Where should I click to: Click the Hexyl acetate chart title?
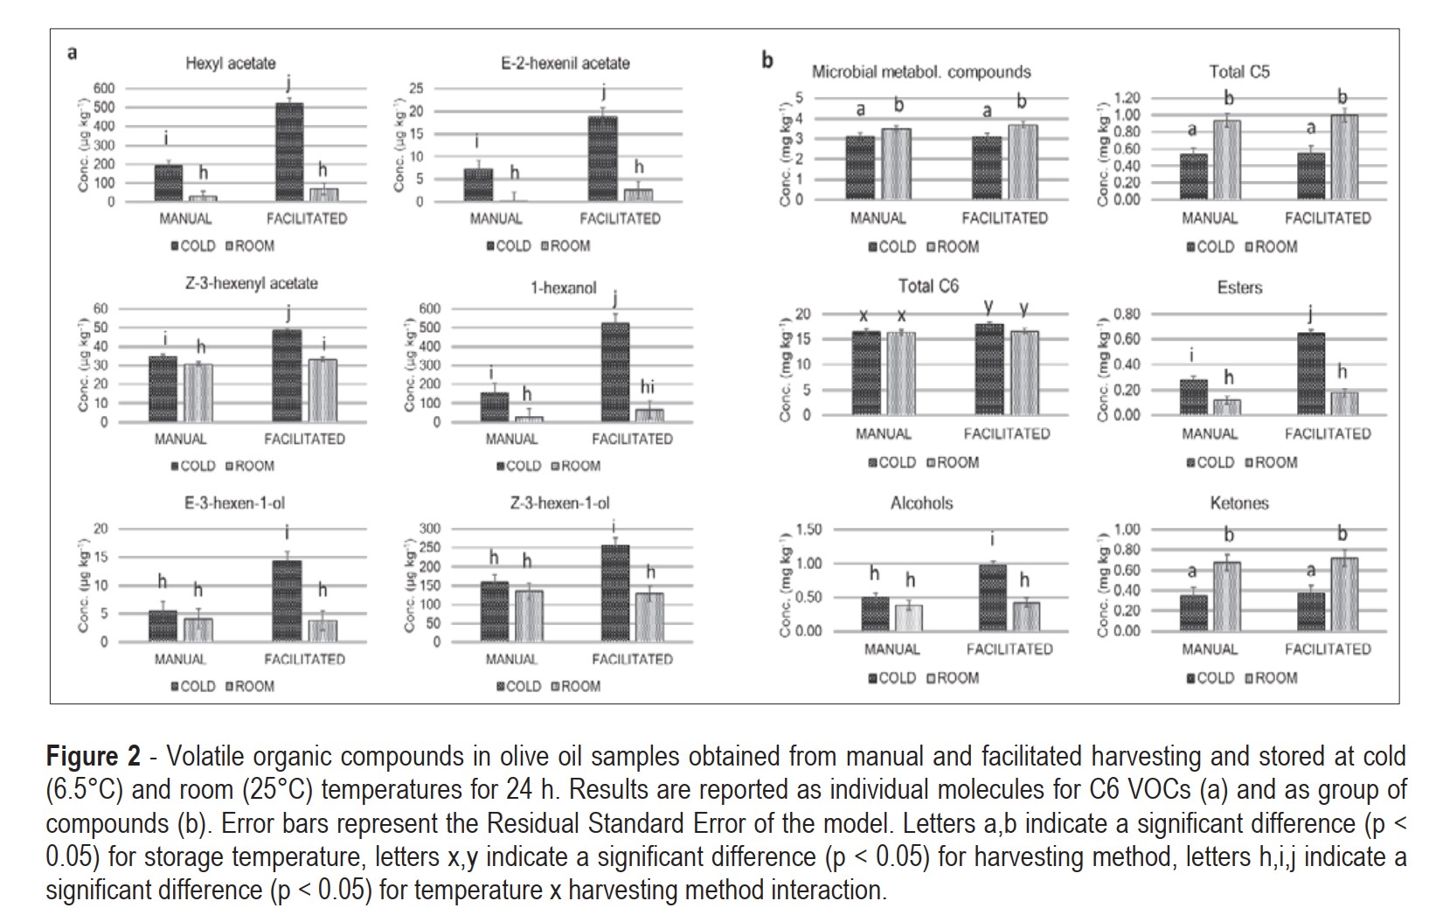[230, 63]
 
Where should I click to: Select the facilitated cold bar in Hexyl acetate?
[289, 152]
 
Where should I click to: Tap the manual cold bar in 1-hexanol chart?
[495, 406]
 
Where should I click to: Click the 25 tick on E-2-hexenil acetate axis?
[416, 88]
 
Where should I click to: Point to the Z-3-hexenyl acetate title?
[251, 283]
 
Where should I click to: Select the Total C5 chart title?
[1239, 72]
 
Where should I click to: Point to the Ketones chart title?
[1239, 503]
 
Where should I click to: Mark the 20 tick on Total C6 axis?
[803, 315]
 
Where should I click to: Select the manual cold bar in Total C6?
[866, 372]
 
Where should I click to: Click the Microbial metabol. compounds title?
[921, 72]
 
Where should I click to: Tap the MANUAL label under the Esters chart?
[1210, 433]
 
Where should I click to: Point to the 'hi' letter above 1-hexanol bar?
[647, 387]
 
